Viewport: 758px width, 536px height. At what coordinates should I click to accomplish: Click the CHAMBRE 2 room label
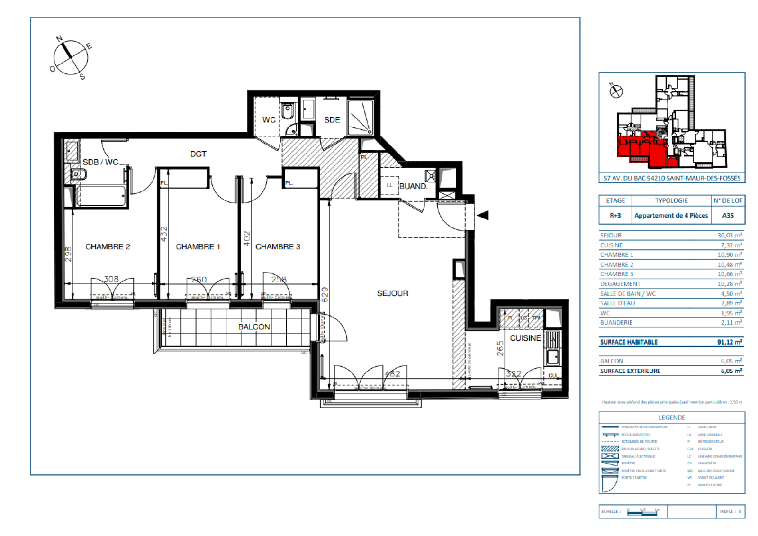[x=108, y=246]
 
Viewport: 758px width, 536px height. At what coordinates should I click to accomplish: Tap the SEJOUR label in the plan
[x=392, y=293]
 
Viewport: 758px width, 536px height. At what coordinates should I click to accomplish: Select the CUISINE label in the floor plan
[x=525, y=338]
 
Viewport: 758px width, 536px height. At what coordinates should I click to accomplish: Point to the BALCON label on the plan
[x=254, y=327]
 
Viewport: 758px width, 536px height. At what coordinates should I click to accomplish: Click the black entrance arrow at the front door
[x=482, y=216]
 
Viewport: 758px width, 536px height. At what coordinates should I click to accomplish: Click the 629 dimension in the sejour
[x=325, y=295]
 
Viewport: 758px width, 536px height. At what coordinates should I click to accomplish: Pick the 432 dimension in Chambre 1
[x=164, y=234]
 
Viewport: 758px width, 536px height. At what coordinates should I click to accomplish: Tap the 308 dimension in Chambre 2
[x=111, y=279]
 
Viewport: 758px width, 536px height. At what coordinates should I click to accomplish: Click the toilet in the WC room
[x=287, y=112]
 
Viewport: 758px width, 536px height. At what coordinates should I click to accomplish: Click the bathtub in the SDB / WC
[x=101, y=196]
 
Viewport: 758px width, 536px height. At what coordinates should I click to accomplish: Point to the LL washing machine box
[x=389, y=185]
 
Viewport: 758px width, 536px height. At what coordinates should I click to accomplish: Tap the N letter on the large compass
[x=59, y=38]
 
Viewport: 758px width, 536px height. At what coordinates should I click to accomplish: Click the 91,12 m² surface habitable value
[x=730, y=342]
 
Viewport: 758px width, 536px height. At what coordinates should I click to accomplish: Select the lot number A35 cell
[x=728, y=215]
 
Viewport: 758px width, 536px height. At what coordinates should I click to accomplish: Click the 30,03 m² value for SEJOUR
[x=730, y=235]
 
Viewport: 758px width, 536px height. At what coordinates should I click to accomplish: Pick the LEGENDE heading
[x=671, y=418]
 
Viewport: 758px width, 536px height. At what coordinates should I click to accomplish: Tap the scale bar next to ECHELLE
[x=643, y=512]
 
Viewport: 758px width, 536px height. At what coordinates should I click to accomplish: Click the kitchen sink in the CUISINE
[x=553, y=356]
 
